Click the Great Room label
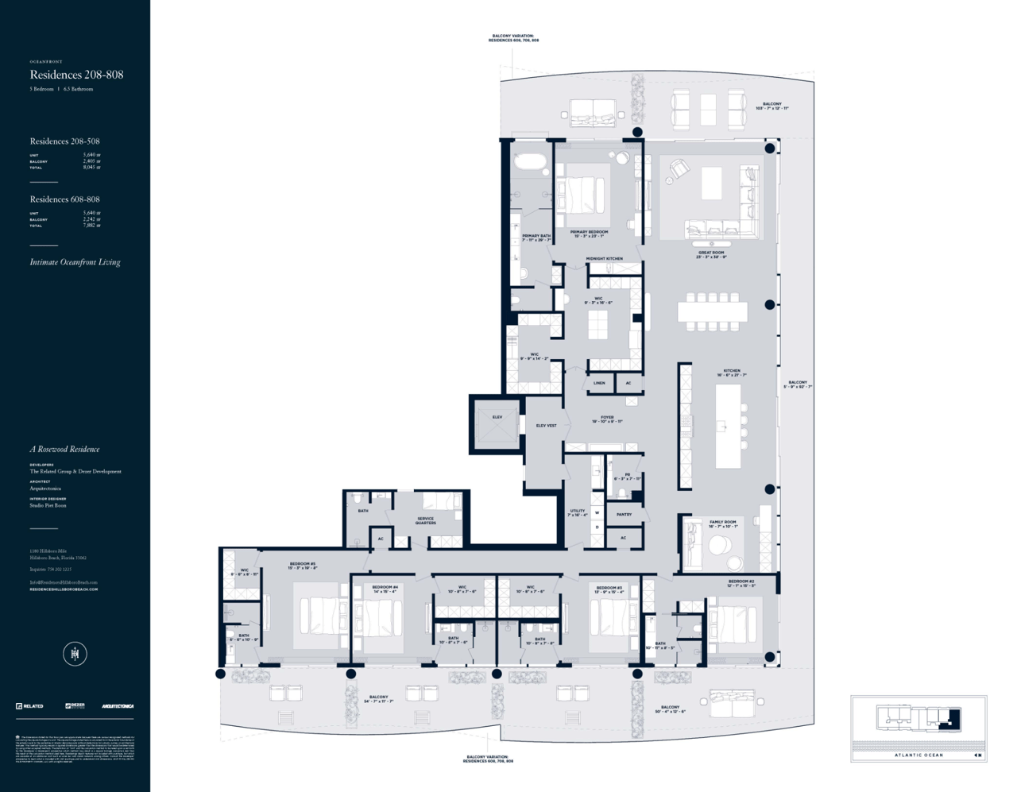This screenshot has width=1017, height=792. click(x=711, y=254)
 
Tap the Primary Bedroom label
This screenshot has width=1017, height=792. click(x=589, y=234)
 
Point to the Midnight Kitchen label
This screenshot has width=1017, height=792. click(x=605, y=259)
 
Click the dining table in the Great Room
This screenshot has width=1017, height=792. click(x=712, y=312)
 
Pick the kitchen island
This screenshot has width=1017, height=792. click(x=728, y=427)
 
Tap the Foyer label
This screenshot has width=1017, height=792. click(x=607, y=419)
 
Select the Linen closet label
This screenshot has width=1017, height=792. click(x=599, y=383)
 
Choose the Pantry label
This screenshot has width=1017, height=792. click(x=625, y=515)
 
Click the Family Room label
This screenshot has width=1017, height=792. click(x=723, y=523)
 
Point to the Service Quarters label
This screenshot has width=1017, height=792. click(x=425, y=520)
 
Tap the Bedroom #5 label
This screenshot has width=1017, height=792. click(x=303, y=566)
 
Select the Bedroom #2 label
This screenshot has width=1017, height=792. click(x=741, y=583)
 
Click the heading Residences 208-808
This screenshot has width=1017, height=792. click(x=76, y=75)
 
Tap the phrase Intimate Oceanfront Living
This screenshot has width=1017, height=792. click(x=75, y=262)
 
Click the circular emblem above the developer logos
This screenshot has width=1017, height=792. click(x=75, y=654)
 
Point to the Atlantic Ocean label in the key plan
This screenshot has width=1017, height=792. click(x=918, y=755)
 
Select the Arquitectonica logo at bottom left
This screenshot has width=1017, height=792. click(x=118, y=706)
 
